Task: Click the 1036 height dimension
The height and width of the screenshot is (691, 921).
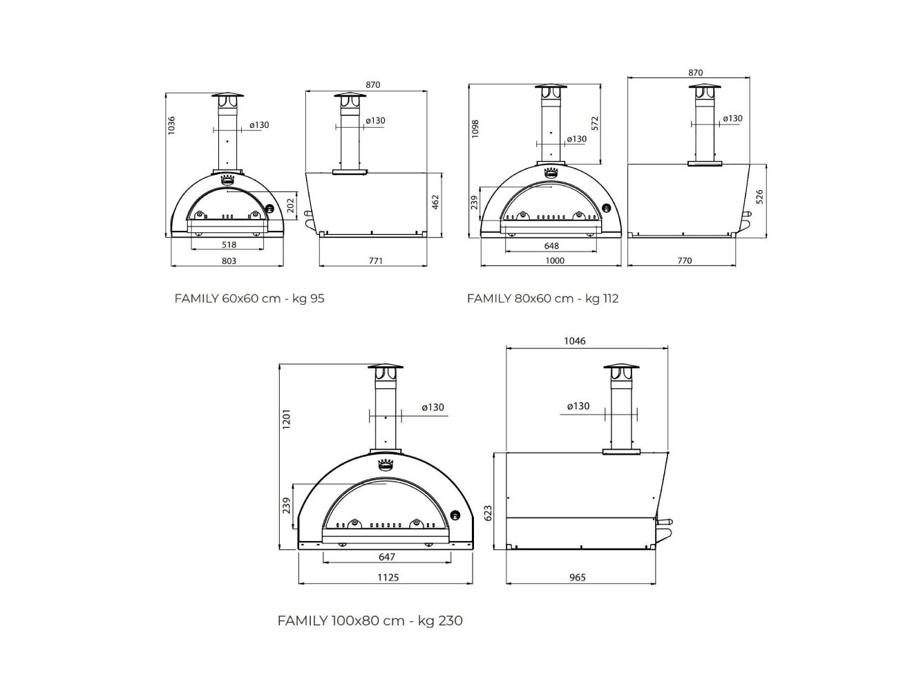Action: (172, 124)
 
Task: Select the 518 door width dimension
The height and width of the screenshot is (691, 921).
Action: (229, 245)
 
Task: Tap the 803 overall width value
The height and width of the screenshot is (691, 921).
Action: (229, 261)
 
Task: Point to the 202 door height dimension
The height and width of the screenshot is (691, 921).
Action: (290, 205)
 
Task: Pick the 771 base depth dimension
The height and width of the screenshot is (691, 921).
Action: (375, 261)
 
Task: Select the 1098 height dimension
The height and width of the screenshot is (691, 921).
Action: (475, 129)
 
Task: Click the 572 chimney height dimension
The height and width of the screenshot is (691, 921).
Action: (595, 123)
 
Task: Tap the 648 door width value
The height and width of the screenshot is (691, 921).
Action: (551, 245)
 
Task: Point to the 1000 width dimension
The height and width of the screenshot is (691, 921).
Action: (555, 261)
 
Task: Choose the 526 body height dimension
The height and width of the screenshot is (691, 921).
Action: (760, 197)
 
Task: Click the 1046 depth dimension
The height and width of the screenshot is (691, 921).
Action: (574, 341)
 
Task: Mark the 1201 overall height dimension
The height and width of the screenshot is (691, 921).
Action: (286, 419)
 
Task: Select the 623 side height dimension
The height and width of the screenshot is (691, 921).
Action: (488, 512)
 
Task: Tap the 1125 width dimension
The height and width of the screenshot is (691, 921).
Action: (388, 577)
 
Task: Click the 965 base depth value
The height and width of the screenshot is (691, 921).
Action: (578, 577)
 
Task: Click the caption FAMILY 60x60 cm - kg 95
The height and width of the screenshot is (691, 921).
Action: (249, 299)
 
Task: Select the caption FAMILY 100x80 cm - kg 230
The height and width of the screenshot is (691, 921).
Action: (370, 621)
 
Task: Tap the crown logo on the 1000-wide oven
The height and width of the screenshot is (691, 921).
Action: (551, 171)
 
